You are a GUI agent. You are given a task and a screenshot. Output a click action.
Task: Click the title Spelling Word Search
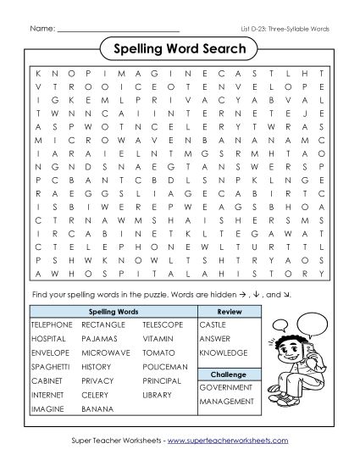tap(180, 48)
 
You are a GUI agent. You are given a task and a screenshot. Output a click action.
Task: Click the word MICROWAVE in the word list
tap(106, 352)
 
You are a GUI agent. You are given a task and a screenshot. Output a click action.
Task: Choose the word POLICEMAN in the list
tap(164, 367)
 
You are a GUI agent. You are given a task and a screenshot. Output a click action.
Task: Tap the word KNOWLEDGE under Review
tap(224, 352)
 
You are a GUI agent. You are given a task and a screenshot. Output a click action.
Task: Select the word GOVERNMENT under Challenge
tap(225, 386)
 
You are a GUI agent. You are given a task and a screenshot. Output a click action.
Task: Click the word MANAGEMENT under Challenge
tap(227, 401)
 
